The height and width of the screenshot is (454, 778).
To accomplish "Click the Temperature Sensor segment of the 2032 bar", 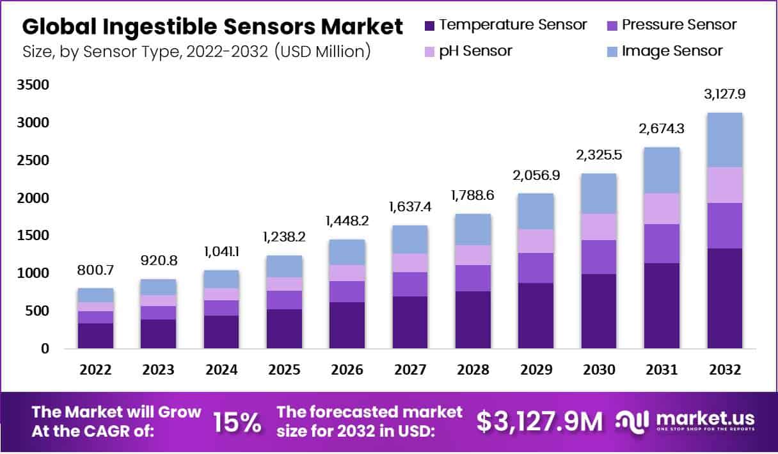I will (724, 298).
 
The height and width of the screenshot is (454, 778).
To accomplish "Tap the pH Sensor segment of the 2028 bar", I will (473, 255).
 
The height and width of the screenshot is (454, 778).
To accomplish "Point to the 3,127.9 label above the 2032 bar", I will (724, 94).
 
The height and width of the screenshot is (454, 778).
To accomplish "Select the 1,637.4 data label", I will (410, 207).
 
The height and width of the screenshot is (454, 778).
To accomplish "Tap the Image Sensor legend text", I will (672, 51).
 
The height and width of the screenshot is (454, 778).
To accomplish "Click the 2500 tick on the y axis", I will (36, 160).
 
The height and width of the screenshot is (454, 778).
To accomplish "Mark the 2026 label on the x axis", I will (347, 370).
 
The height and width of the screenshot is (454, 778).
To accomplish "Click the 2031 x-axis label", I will (661, 370).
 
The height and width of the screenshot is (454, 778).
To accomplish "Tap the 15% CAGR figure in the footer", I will (236, 422).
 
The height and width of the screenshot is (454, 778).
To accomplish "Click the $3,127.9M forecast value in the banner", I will (539, 421).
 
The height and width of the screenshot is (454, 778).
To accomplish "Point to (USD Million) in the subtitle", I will (322, 51).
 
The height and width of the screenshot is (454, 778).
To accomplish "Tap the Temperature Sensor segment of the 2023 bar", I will (158, 334).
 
